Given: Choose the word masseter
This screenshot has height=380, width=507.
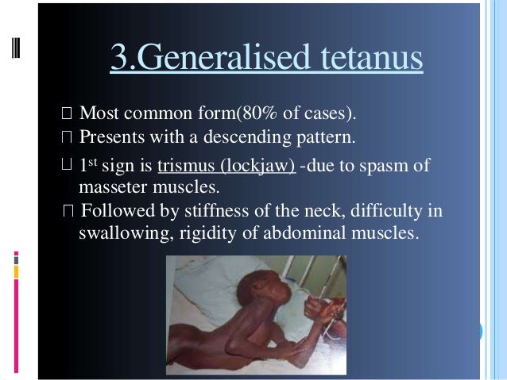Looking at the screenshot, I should point(118,189).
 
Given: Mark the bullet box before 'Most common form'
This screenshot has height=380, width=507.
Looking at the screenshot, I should point(67,113).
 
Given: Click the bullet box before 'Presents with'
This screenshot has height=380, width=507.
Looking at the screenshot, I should point(67,137).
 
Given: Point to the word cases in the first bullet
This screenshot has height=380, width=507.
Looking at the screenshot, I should point(325,113).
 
